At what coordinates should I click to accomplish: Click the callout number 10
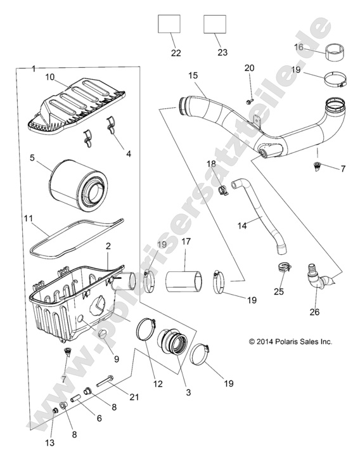click(49, 77)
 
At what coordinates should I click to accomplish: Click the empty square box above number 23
click(215, 25)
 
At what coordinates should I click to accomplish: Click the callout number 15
click(193, 75)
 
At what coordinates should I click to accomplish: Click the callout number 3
click(189, 392)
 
